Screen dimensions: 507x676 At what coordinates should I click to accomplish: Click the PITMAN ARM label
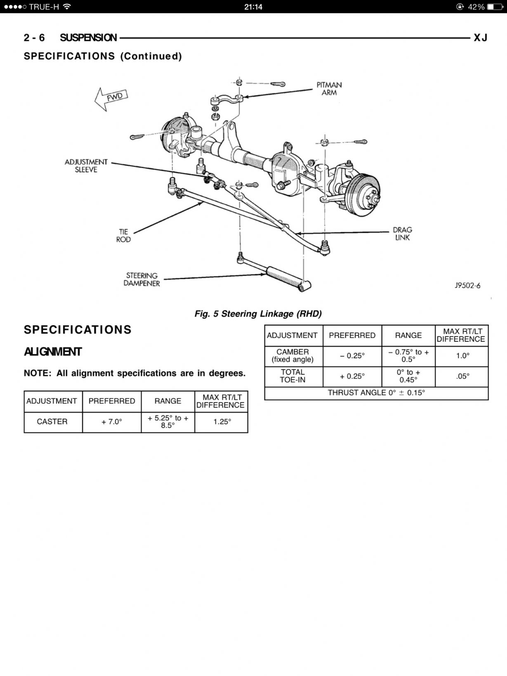coord(329,89)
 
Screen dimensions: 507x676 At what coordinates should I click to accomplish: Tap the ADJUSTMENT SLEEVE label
coord(86,165)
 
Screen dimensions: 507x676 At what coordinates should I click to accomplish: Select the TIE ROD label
coord(123,236)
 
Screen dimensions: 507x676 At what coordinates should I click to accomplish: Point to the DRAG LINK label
coord(402,234)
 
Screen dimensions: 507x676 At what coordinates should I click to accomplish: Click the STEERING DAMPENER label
coord(141,279)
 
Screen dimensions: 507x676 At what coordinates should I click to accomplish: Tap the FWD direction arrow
coord(111,99)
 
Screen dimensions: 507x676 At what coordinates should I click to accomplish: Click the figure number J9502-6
coord(467,286)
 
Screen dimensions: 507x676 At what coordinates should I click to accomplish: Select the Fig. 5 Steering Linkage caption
coord(258,314)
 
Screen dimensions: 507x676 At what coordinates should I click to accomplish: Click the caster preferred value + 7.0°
coord(112,422)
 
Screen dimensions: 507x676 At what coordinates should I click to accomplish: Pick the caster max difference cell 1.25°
coord(222,422)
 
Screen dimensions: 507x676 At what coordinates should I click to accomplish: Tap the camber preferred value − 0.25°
coord(352,356)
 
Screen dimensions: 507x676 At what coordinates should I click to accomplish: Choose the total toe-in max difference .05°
coord(463,376)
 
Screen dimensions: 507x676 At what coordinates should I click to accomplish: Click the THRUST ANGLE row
coord(376,392)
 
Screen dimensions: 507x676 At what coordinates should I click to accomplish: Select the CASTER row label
coord(52,422)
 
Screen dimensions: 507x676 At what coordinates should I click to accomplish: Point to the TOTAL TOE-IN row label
coord(292,376)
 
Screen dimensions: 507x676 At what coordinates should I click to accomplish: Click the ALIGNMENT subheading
coord(53,352)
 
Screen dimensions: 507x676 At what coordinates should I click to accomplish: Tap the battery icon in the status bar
coord(495,7)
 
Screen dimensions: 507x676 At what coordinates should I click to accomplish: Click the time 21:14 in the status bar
coord(253,7)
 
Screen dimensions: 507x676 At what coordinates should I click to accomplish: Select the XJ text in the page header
coord(480,38)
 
